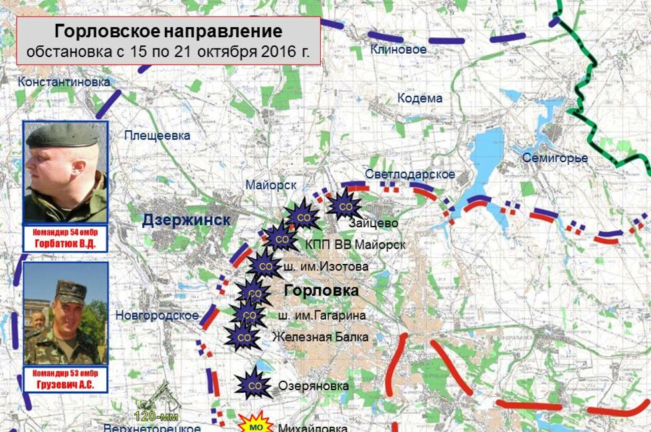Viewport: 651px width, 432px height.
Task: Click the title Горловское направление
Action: (168, 31)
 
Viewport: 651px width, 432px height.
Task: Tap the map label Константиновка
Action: (64, 82)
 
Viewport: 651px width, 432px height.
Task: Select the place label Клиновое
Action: (399, 49)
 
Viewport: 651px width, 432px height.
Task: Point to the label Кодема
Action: (420, 98)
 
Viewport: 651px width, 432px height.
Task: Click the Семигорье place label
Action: (555, 158)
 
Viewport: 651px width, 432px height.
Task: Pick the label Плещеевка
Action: (157, 136)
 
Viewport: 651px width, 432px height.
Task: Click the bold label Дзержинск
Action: (187, 221)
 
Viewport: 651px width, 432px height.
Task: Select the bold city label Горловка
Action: (322, 290)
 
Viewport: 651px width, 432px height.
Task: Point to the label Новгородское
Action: (157, 315)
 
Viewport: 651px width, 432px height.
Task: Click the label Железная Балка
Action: (320, 337)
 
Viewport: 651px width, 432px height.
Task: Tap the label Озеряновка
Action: (314, 385)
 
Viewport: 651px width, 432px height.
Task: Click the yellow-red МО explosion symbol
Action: (256, 424)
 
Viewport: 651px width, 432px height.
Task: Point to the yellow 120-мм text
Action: (157, 417)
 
